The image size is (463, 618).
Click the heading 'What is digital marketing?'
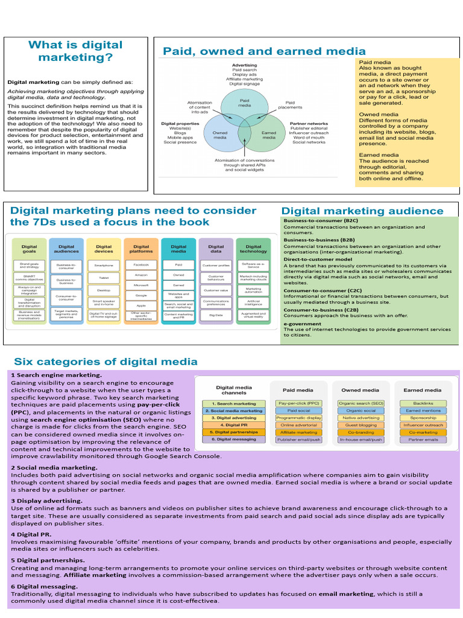point(75,51)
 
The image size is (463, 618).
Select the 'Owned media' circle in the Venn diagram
point(221,134)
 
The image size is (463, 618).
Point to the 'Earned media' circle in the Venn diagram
point(268,134)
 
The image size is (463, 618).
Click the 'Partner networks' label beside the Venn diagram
point(309,124)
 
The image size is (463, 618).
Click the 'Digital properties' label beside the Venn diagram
point(181,124)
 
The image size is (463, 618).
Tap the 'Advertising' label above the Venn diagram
point(244,65)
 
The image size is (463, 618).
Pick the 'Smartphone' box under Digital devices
point(104,265)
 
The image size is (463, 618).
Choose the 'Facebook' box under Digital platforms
point(141,265)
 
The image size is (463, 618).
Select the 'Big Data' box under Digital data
point(216,314)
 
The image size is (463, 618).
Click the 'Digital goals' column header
point(29,249)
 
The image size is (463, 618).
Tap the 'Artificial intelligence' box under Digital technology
point(253,302)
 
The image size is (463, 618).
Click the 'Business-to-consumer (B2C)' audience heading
point(321,221)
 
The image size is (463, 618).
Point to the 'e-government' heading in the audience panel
point(303,323)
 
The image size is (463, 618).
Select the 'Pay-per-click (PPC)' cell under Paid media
point(297,403)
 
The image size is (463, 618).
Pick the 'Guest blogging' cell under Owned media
point(361,425)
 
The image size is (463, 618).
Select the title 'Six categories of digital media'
point(106,362)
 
